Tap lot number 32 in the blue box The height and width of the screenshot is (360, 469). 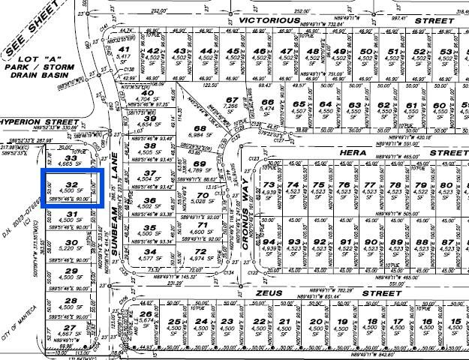pos(72,183)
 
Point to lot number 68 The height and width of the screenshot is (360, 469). pos(200,128)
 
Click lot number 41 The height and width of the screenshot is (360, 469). pos(124,49)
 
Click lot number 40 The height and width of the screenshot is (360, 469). pos(148,94)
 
